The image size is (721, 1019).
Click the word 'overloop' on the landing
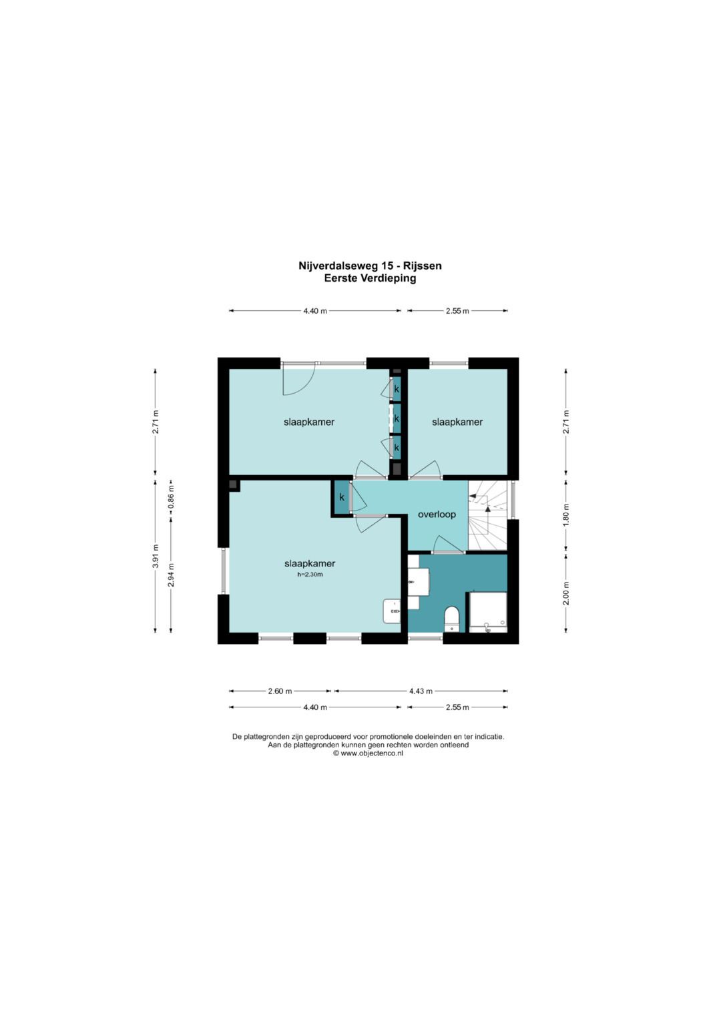click(x=437, y=515)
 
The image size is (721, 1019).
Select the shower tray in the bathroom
click(x=487, y=612)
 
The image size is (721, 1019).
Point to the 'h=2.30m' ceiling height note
click(x=310, y=575)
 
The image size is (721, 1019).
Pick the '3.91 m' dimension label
click(x=156, y=556)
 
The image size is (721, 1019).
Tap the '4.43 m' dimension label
click(x=421, y=691)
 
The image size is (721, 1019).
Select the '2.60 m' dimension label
click(x=280, y=691)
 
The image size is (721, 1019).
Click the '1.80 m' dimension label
click(x=566, y=515)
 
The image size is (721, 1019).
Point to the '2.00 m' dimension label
click(x=566, y=593)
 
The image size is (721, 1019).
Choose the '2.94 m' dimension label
click(x=171, y=575)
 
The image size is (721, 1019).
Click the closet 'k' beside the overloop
click(x=341, y=497)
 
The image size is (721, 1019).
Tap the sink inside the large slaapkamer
click(x=392, y=611)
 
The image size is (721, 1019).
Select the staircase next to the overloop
click(x=487, y=515)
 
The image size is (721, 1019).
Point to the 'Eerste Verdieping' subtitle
click(x=370, y=278)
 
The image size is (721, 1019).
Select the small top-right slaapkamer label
click(x=457, y=422)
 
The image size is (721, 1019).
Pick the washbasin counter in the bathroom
click(x=419, y=582)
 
